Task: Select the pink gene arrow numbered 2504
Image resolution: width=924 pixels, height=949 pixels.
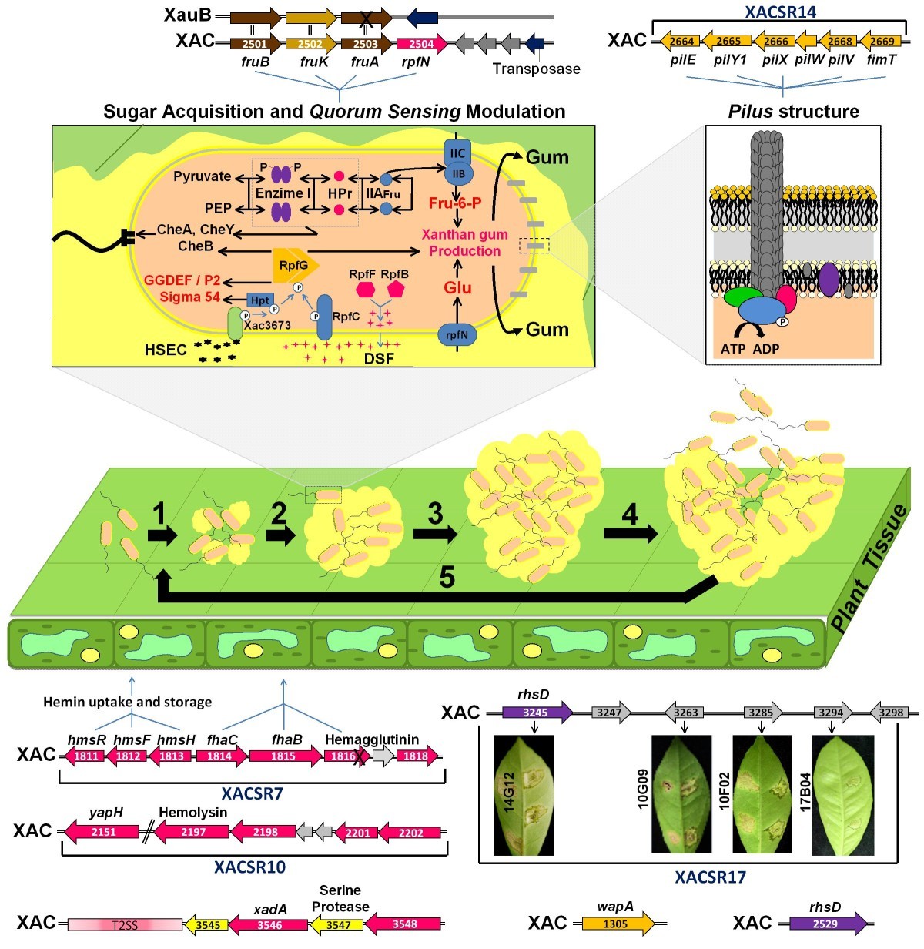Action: [x=422, y=44]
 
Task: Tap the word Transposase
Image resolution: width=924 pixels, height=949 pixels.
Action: [x=536, y=69]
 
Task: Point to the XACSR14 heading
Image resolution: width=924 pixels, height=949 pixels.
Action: [x=780, y=12]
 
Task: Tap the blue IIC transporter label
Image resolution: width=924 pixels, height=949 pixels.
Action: [x=457, y=153]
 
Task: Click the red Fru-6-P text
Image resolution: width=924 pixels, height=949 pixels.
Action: [x=455, y=203]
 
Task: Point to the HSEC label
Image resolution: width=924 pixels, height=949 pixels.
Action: [x=166, y=350]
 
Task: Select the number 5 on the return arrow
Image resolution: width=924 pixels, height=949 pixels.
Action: [x=447, y=576]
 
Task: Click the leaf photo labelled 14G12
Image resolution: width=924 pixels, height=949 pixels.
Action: [x=524, y=795]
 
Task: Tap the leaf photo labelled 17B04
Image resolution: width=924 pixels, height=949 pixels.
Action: [x=843, y=795]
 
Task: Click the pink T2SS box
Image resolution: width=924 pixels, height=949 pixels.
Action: [x=125, y=924]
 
